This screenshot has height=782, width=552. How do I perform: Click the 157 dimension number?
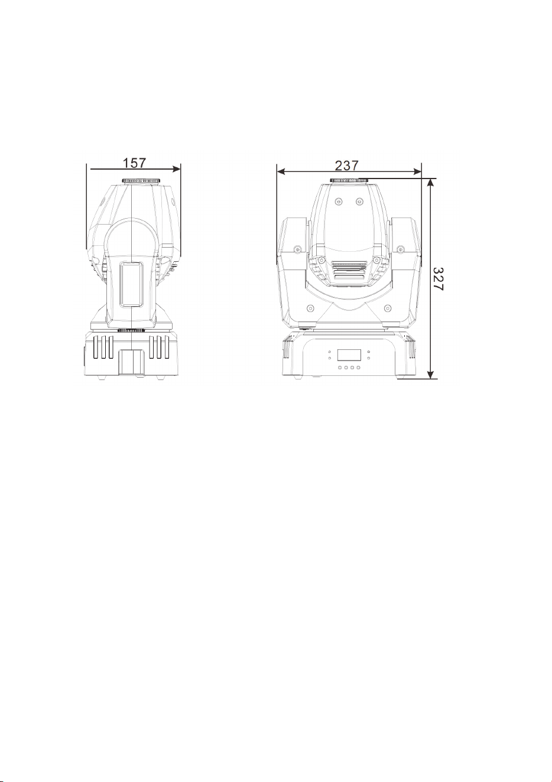tap(134, 163)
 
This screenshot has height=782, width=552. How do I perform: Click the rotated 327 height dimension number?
tap(438, 279)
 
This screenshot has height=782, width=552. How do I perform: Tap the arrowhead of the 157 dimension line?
tap(177, 169)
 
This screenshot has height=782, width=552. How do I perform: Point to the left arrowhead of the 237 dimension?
tap(281, 171)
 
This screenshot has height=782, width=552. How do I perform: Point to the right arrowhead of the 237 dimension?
tap(417, 171)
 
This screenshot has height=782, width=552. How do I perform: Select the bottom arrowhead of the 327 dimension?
tap(431, 374)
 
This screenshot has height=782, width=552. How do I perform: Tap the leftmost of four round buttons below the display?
tap(340, 367)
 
